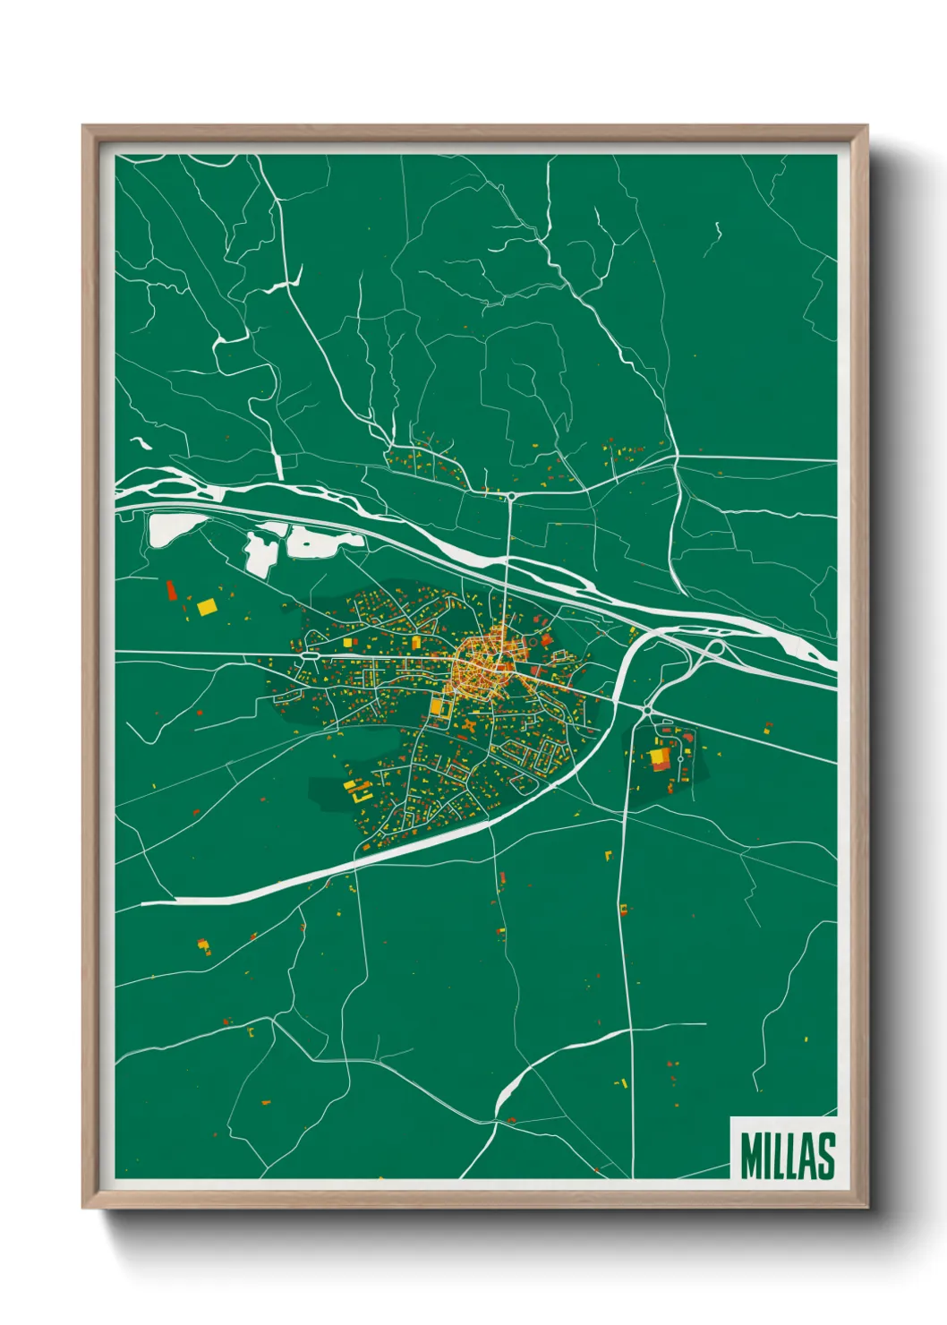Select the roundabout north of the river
click(x=510, y=495)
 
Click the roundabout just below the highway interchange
click(x=646, y=710)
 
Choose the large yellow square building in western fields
click(x=207, y=607)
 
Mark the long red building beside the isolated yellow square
click(x=171, y=590)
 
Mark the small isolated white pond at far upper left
click(x=141, y=441)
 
